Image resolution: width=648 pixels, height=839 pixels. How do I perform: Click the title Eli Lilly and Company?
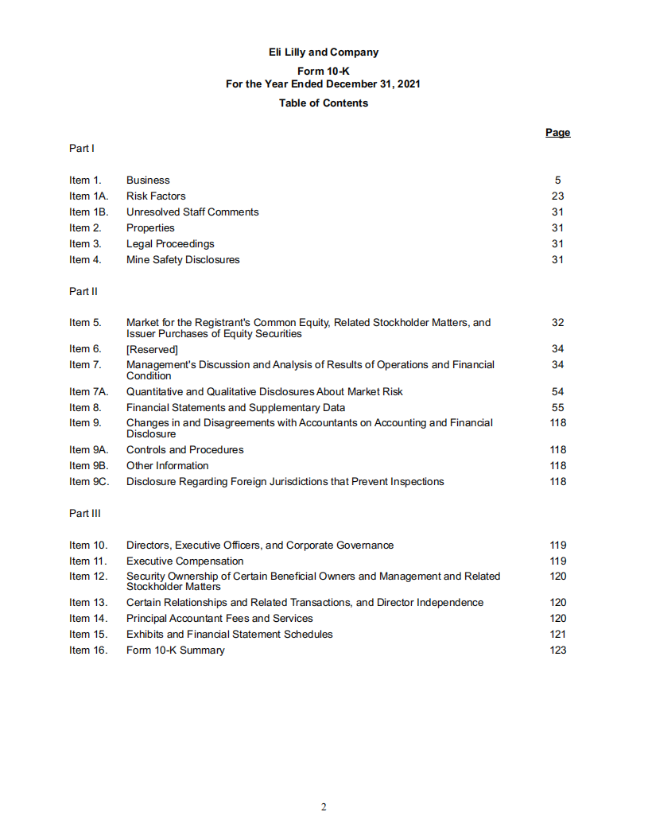coord(324,52)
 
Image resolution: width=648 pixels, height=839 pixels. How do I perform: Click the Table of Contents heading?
coord(324,103)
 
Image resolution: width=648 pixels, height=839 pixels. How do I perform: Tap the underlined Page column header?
coord(557,133)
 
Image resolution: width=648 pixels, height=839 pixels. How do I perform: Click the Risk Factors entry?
coord(156,196)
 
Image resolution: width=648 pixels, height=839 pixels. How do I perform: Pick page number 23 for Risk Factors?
coord(557,196)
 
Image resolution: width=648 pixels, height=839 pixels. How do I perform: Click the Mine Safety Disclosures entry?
coord(183,260)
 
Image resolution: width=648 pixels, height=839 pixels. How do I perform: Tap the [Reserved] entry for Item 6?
coord(152,349)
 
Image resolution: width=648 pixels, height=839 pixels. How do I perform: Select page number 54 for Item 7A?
coord(557,392)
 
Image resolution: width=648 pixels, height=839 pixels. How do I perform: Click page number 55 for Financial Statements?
coord(557,408)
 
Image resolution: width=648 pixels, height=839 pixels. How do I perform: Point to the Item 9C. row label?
coord(88,482)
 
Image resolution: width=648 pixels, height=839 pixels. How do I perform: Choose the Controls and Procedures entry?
coord(184,450)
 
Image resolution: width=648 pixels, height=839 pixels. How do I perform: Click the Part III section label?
coord(85,514)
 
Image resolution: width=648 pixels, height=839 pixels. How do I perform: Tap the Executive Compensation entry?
coord(184,561)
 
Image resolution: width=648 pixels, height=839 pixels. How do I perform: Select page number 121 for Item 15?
coord(557,635)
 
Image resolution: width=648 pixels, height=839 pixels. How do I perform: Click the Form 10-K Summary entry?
coord(175,651)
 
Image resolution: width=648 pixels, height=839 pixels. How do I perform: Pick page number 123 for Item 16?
coord(557,651)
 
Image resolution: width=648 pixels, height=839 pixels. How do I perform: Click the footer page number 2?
coord(324,807)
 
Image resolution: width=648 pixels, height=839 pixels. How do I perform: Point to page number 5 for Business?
coord(557,181)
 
